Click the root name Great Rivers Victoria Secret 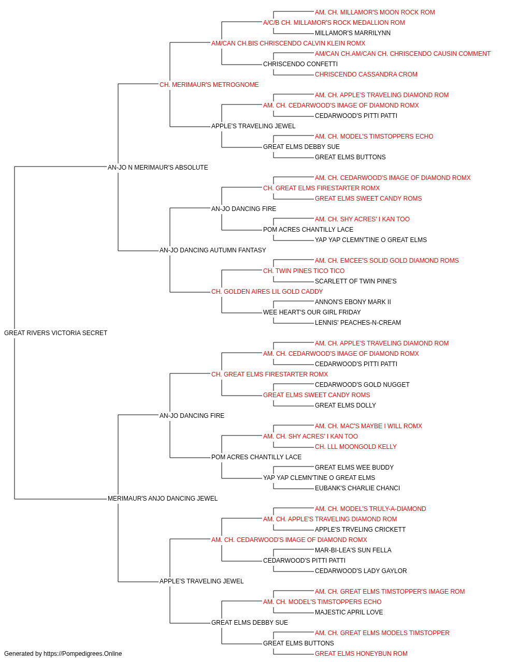55,333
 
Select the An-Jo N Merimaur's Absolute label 157,167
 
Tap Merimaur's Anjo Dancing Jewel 163,498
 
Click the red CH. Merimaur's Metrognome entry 209,85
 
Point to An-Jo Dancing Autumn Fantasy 212,250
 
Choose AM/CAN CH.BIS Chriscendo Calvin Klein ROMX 289,43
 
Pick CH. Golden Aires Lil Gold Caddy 267,292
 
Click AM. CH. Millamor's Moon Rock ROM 375,12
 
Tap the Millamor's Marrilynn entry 353,33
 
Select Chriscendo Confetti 300,64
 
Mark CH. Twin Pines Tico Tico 304,271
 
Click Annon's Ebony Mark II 353,302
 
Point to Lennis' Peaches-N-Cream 358,323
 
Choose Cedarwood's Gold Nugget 362,384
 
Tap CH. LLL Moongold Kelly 356,447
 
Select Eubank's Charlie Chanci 357,488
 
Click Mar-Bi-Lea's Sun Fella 353,550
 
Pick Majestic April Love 349,612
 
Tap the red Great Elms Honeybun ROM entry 361,654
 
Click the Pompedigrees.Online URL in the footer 83,654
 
